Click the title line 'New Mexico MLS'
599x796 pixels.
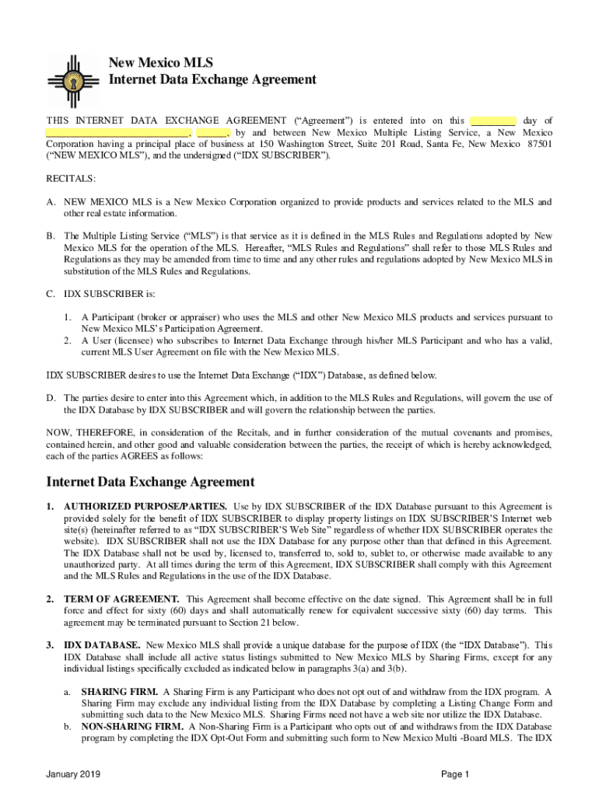point(159,63)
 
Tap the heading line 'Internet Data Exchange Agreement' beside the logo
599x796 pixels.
point(212,79)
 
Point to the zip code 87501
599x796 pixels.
point(539,145)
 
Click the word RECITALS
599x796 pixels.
point(71,179)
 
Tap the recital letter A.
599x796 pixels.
point(51,202)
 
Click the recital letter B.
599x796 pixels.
point(51,236)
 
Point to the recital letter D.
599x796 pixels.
point(51,398)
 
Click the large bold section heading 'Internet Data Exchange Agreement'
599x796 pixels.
point(151,482)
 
